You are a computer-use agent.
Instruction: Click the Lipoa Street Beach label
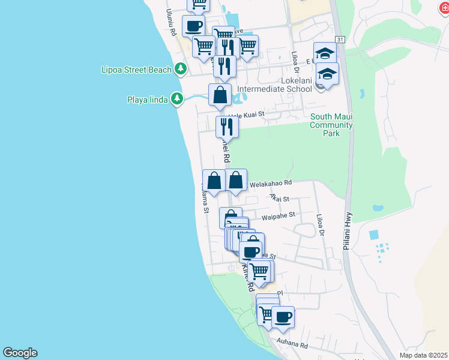pyautogui.click(x=136, y=70)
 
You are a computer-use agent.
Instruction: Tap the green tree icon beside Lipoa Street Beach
pyautogui.click(x=181, y=70)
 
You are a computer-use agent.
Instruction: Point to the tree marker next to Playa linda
pyautogui.click(x=176, y=98)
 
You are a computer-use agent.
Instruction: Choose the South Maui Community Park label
pyautogui.click(x=331, y=125)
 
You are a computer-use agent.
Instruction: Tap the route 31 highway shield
pyautogui.click(x=340, y=39)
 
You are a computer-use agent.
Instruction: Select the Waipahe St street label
pyautogui.click(x=279, y=214)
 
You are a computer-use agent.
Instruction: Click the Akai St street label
pyautogui.click(x=280, y=198)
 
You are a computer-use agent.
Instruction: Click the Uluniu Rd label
pyautogui.click(x=171, y=22)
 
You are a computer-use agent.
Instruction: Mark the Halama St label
pyautogui.click(x=205, y=198)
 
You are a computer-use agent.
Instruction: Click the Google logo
pyautogui.click(x=20, y=353)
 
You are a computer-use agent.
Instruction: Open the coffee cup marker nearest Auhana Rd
pyautogui.click(x=283, y=316)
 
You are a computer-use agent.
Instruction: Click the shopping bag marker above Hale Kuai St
pyautogui.click(x=220, y=95)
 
